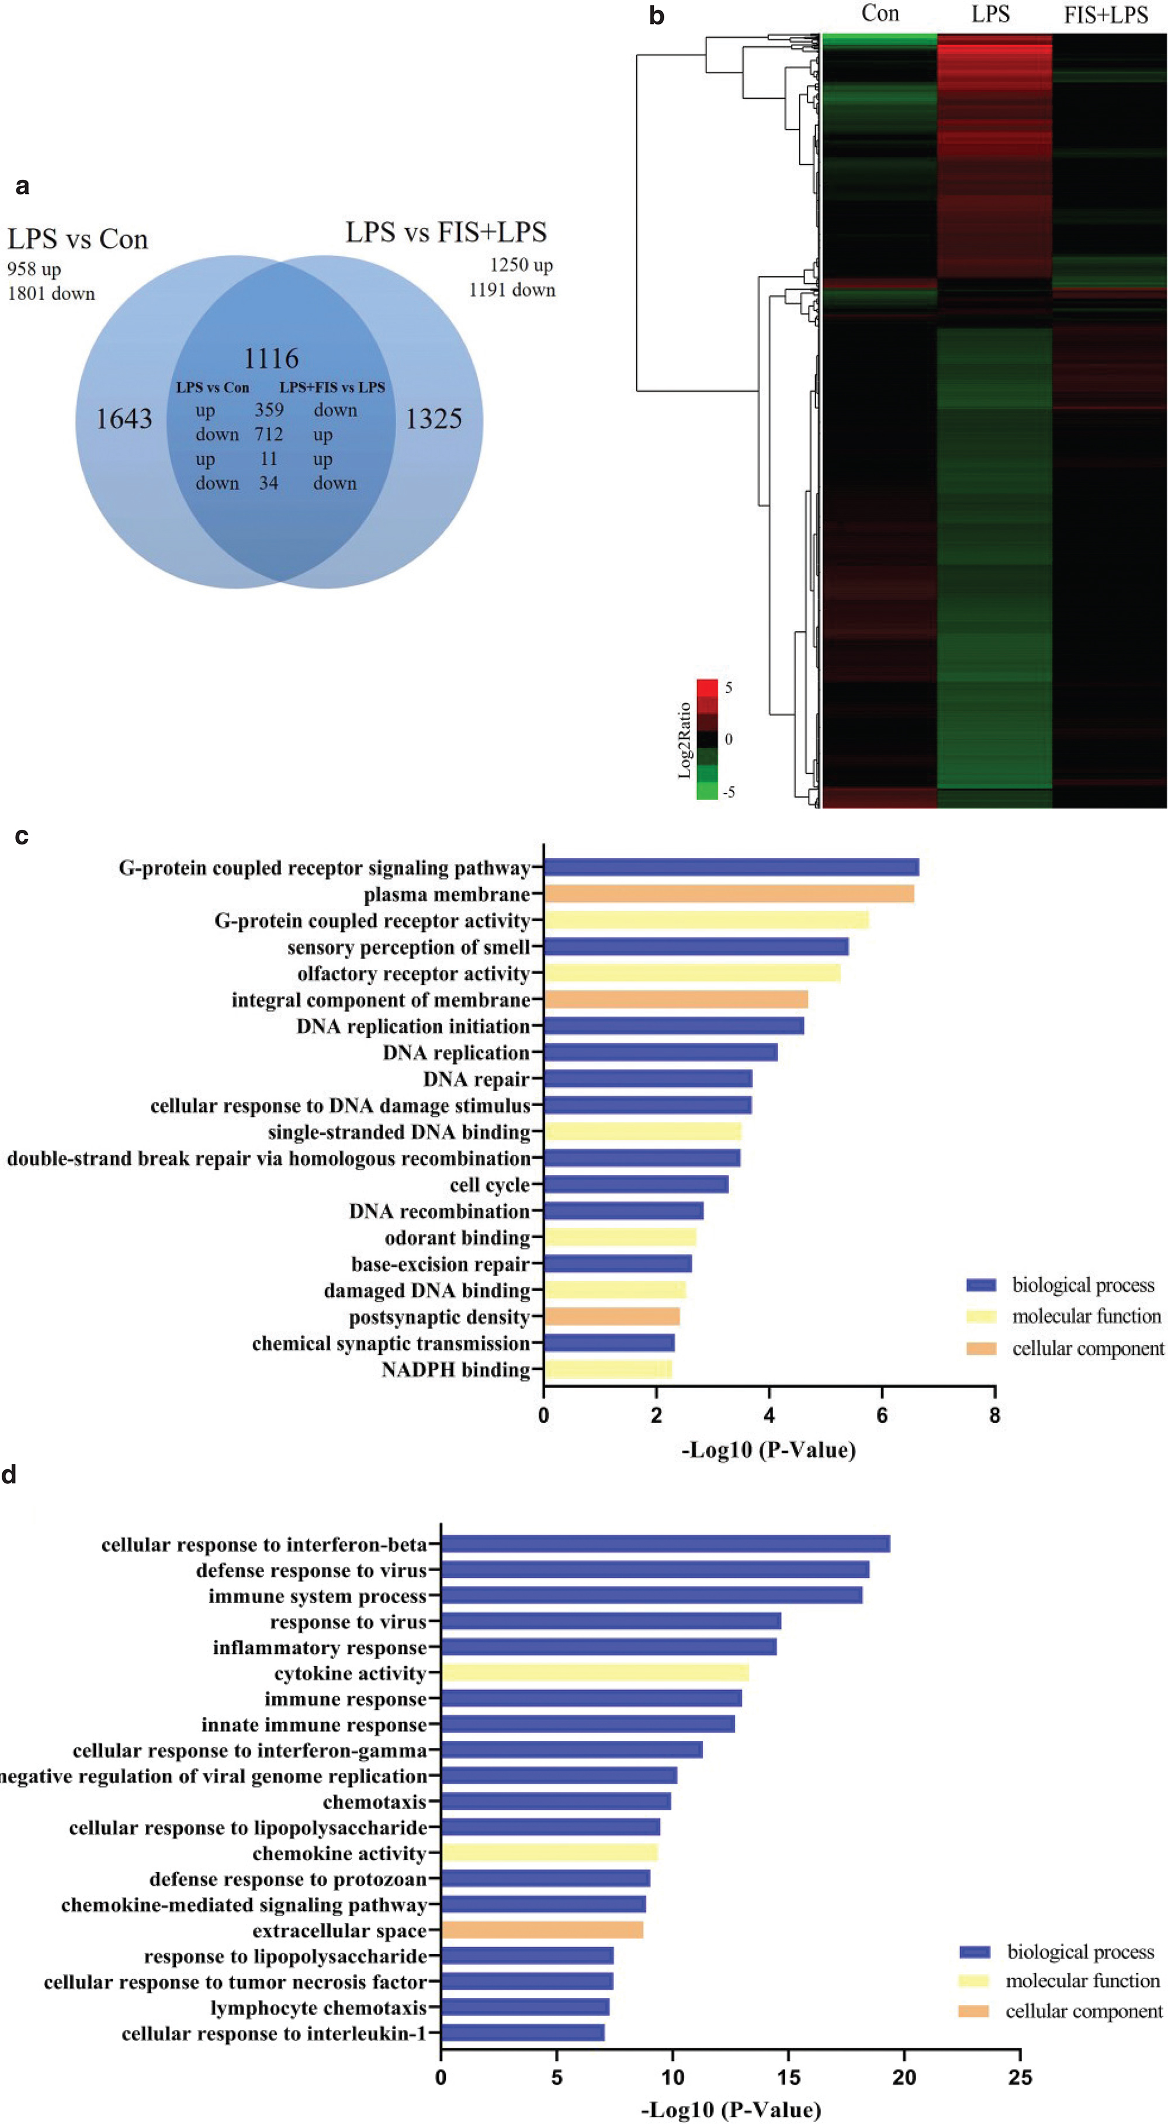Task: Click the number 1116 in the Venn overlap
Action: [x=271, y=359]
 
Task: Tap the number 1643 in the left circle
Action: [x=124, y=419]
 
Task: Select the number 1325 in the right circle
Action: [x=433, y=419]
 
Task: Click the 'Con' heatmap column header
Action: [x=879, y=14]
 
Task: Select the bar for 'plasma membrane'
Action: [x=729, y=894]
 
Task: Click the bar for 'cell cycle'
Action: [x=635, y=1185]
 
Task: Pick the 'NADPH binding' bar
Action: [x=607, y=1369]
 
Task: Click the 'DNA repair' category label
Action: [x=476, y=1079]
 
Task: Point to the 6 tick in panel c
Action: [x=882, y=1416]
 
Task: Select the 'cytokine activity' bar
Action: [x=595, y=1673]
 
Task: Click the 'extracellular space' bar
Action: [x=542, y=1930]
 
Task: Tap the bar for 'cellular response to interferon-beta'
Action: [x=665, y=1544]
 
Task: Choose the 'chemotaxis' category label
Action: [x=375, y=1802]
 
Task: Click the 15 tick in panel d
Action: [x=789, y=2077]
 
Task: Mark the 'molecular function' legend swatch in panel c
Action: [x=981, y=1317]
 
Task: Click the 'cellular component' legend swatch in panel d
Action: [x=974, y=2011]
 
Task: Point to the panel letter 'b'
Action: [x=657, y=16]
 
